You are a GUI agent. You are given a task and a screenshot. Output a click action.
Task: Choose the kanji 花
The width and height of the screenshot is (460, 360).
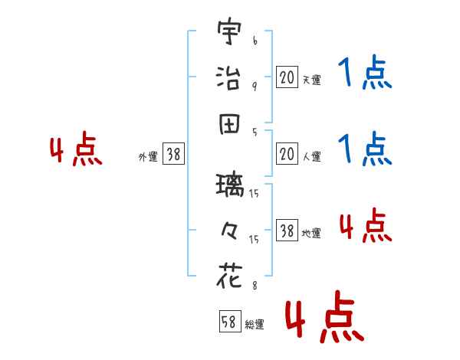[229, 275]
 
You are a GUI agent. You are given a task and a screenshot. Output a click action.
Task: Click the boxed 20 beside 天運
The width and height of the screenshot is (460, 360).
[287, 77]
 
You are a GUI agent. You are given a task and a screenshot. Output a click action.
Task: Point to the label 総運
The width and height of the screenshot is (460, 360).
[254, 325]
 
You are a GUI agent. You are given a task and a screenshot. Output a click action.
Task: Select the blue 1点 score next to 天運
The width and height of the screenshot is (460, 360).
[365, 75]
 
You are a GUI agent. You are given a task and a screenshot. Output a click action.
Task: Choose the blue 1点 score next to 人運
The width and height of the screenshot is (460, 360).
[365, 149]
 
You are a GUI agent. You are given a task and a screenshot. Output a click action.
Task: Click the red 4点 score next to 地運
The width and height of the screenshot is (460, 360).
[365, 226]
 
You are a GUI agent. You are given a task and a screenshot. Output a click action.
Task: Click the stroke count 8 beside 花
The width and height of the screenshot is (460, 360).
[255, 286]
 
